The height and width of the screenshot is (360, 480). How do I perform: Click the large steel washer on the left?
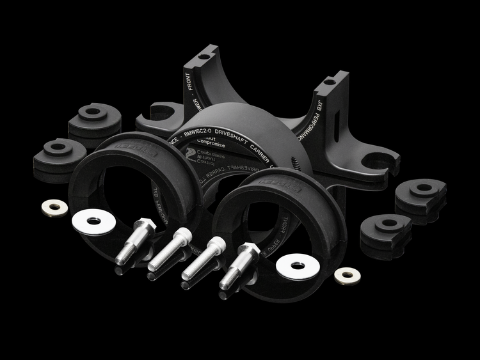(x=94, y=222)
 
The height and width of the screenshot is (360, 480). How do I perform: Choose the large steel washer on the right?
(x=297, y=266)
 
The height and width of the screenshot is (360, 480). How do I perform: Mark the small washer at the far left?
(x=54, y=207)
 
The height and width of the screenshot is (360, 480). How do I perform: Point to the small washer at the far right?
(x=347, y=276)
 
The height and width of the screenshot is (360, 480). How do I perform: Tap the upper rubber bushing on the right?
(x=420, y=194)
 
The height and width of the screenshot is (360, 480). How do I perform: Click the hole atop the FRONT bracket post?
(x=204, y=56)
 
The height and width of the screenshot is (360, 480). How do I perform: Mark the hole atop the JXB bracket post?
(x=330, y=81)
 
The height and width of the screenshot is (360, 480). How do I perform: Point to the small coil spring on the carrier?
(x=296, y=164)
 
